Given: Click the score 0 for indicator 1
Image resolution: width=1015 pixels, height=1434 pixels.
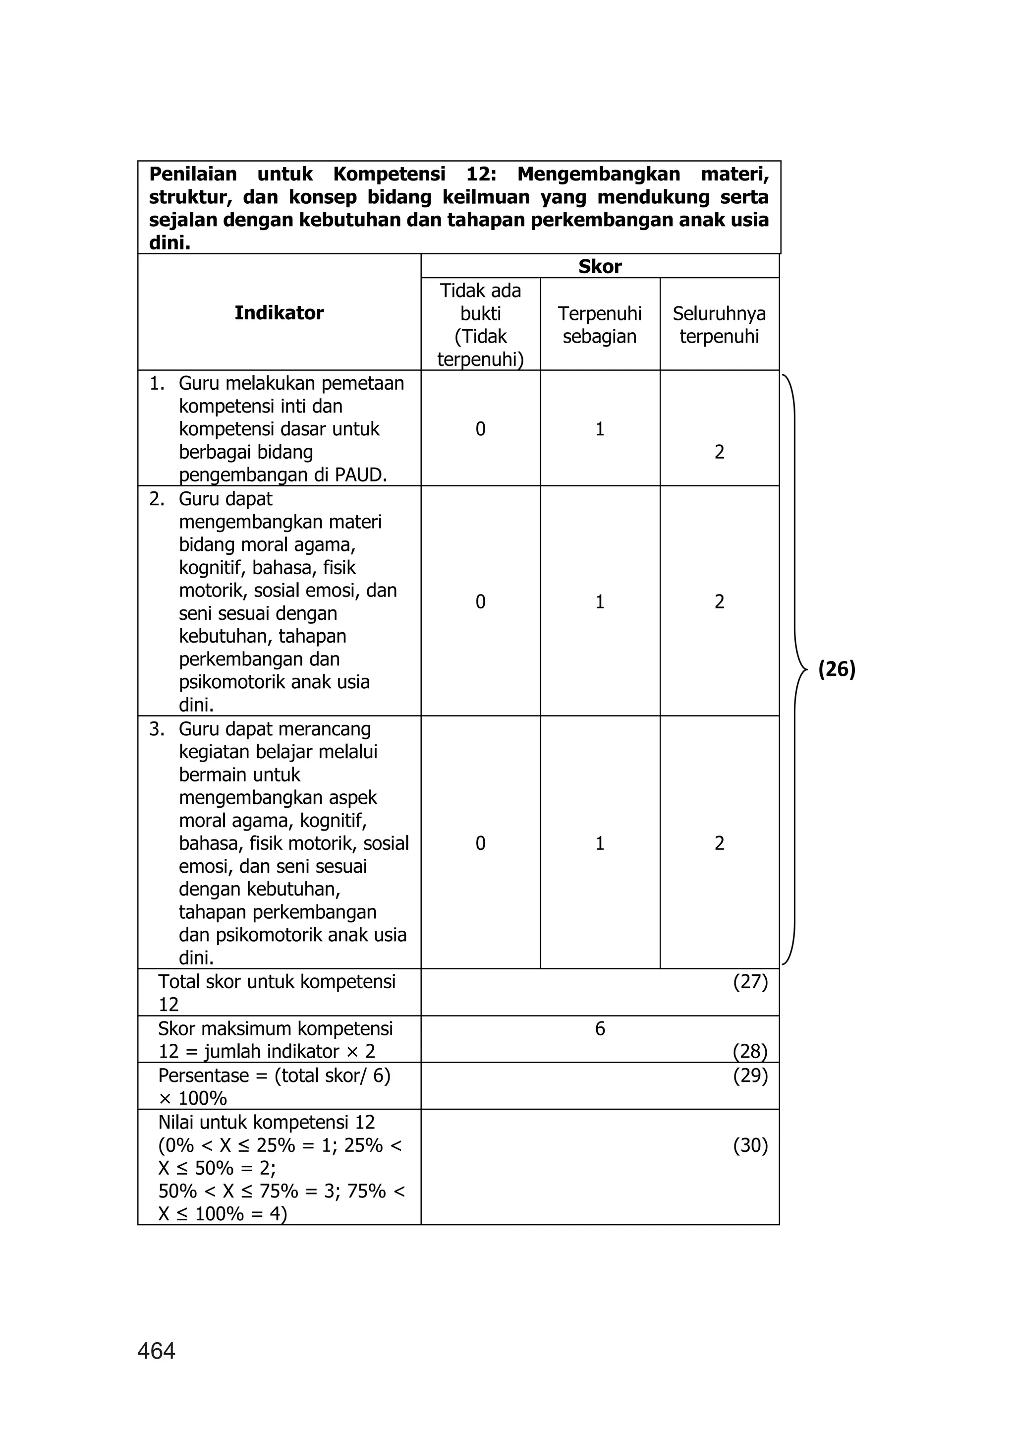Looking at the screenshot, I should (x=480, y=429).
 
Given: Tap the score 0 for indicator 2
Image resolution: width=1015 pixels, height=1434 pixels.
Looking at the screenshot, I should (x=480, y=601).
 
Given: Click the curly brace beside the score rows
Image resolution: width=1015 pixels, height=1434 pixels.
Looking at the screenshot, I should (x=795, y=670).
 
